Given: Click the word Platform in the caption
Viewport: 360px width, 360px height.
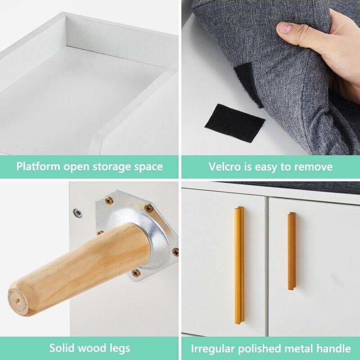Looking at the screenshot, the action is tap(38, 166).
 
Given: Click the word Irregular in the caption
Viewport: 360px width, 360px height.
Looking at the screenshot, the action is tap(212, 348).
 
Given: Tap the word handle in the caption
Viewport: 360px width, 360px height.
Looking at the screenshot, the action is tap(334, 348).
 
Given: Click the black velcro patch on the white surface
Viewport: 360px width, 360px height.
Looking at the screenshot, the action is tap(234, 122).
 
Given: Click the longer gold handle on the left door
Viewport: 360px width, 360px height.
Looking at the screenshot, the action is tap(239, 265).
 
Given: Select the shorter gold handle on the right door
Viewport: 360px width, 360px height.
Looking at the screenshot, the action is tap(292, 251).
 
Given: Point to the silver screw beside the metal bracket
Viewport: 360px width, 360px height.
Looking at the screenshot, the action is tap(78, 213).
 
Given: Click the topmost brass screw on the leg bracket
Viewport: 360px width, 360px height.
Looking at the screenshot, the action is tap(109, 201).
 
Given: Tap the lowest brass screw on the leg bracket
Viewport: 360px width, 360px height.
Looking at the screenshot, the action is tap(136, 273).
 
